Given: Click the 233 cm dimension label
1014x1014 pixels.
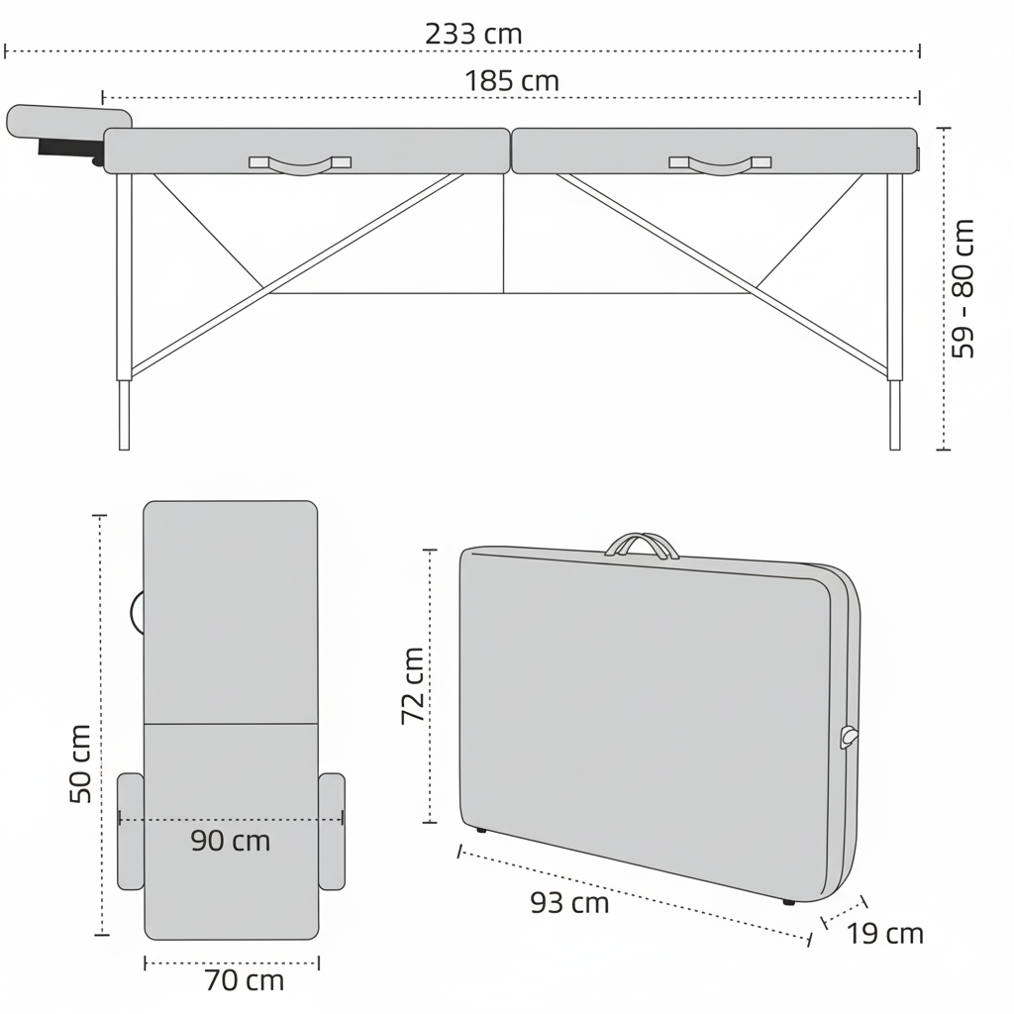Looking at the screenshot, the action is pos(473,34).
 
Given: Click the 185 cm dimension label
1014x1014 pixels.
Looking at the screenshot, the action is pos(512,81).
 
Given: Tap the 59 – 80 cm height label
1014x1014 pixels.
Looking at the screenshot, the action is pos(963,288).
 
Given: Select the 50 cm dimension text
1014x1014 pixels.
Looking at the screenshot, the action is pos(80,763).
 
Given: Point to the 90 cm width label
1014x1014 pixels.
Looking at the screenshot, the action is pos(230,841).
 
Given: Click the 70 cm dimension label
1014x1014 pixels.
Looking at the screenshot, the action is pos(245,980).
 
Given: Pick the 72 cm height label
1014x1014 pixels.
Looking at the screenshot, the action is pos(413,685).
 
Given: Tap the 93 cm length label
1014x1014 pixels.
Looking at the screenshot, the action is pos(569,903).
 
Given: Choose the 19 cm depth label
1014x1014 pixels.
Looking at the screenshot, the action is pos(884,934).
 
